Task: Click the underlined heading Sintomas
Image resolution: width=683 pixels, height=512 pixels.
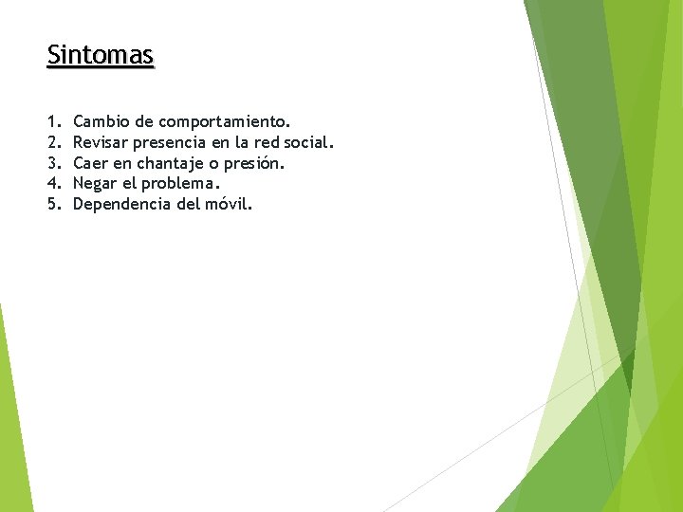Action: (100, 55)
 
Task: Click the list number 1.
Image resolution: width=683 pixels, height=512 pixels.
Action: (51, 121)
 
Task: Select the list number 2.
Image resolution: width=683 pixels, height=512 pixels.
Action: (51, 142)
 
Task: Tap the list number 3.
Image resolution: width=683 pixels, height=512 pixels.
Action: (51, 163)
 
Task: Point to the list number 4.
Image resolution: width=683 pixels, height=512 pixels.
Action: (51, 183)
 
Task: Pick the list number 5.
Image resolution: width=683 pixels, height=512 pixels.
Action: (51, 204)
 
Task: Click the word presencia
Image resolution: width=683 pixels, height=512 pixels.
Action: (175, 143)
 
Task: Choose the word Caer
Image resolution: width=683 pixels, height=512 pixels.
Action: (91, 163)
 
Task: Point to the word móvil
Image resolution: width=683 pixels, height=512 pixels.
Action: (228, 204)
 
